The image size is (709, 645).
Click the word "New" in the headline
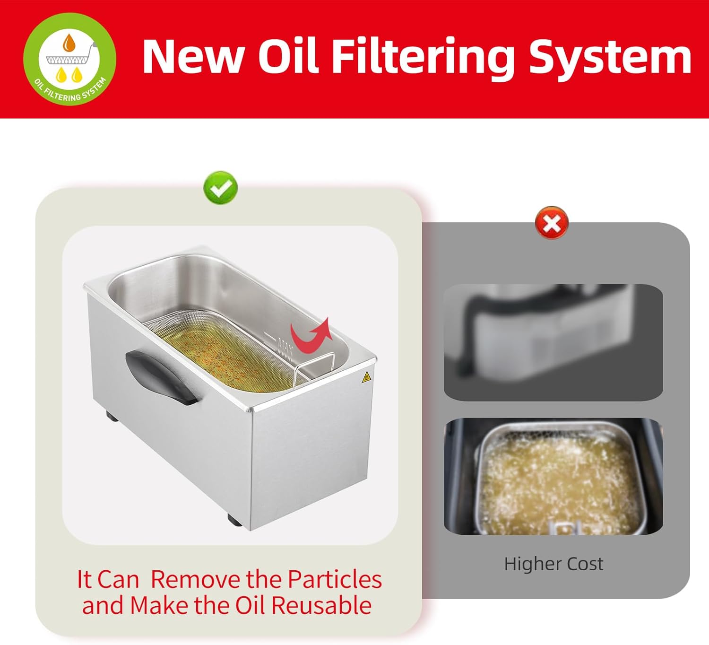194,57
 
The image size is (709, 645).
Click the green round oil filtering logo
69,59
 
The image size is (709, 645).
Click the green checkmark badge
221,188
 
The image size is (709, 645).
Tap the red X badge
552,223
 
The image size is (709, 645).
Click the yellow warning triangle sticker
366,378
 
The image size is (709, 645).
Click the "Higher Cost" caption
553,564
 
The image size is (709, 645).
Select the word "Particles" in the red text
334,580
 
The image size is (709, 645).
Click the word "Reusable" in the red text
321,605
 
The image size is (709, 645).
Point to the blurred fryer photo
553,342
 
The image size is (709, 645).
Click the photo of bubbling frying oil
553,476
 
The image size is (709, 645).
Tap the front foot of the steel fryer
235,520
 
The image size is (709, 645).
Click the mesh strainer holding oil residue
226,351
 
